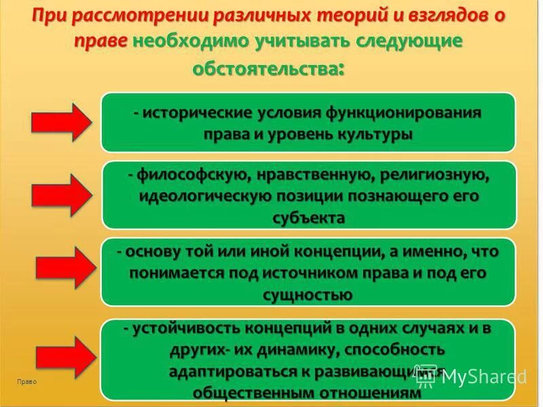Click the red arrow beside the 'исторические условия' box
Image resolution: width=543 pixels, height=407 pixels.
60,122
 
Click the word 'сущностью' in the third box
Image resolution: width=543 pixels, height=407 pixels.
307,294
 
